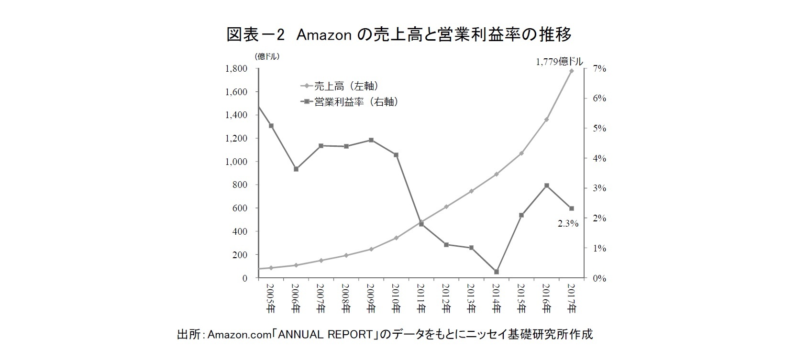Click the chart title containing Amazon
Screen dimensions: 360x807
pyautogui.click(x=399, y=34)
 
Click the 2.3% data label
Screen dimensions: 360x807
pyautogui.click(x=568, y=223)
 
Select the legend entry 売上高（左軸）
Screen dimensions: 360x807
pyautogui.click(x=340, y=86)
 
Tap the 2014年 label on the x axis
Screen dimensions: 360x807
pyautogui.click(x=496, y=299)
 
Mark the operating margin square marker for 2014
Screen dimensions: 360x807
pyautogui.click(x=497, y=272)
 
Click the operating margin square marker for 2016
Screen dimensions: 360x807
pyautogui.click(x=546, y=185)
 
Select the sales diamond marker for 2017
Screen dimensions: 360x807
pyautogui.click(x=571, y=71)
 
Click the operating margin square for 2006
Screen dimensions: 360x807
pyautogui.click(x=296, y=169)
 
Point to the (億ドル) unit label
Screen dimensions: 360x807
pyautogui.click(x=267, y=56)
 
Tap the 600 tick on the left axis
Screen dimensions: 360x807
pyautogui.click(x=240, y=208)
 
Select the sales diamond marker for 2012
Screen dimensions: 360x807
pyautogui.click(x=446, y=207)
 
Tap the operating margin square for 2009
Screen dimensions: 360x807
pyautogui.click(x=371, y=140)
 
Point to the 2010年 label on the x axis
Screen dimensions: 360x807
pyautogui.click(x=396, y=299)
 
